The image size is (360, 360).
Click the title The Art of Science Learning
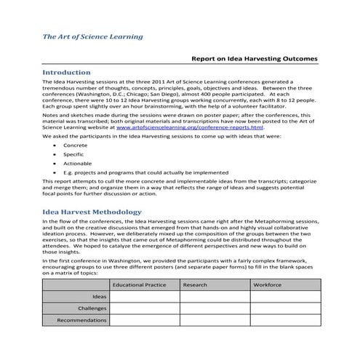(x=92, y=36)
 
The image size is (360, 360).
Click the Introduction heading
(x=66, y=73)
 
